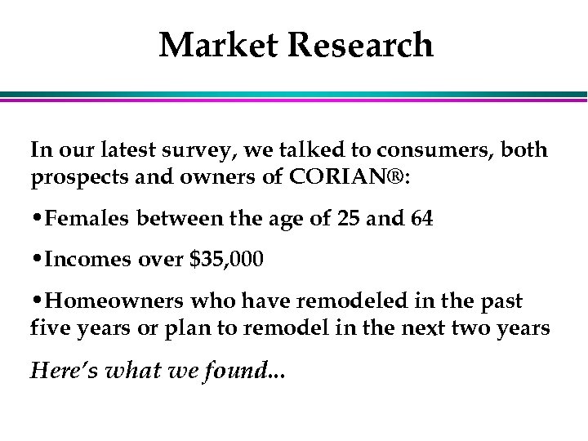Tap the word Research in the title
tap(363, 45)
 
